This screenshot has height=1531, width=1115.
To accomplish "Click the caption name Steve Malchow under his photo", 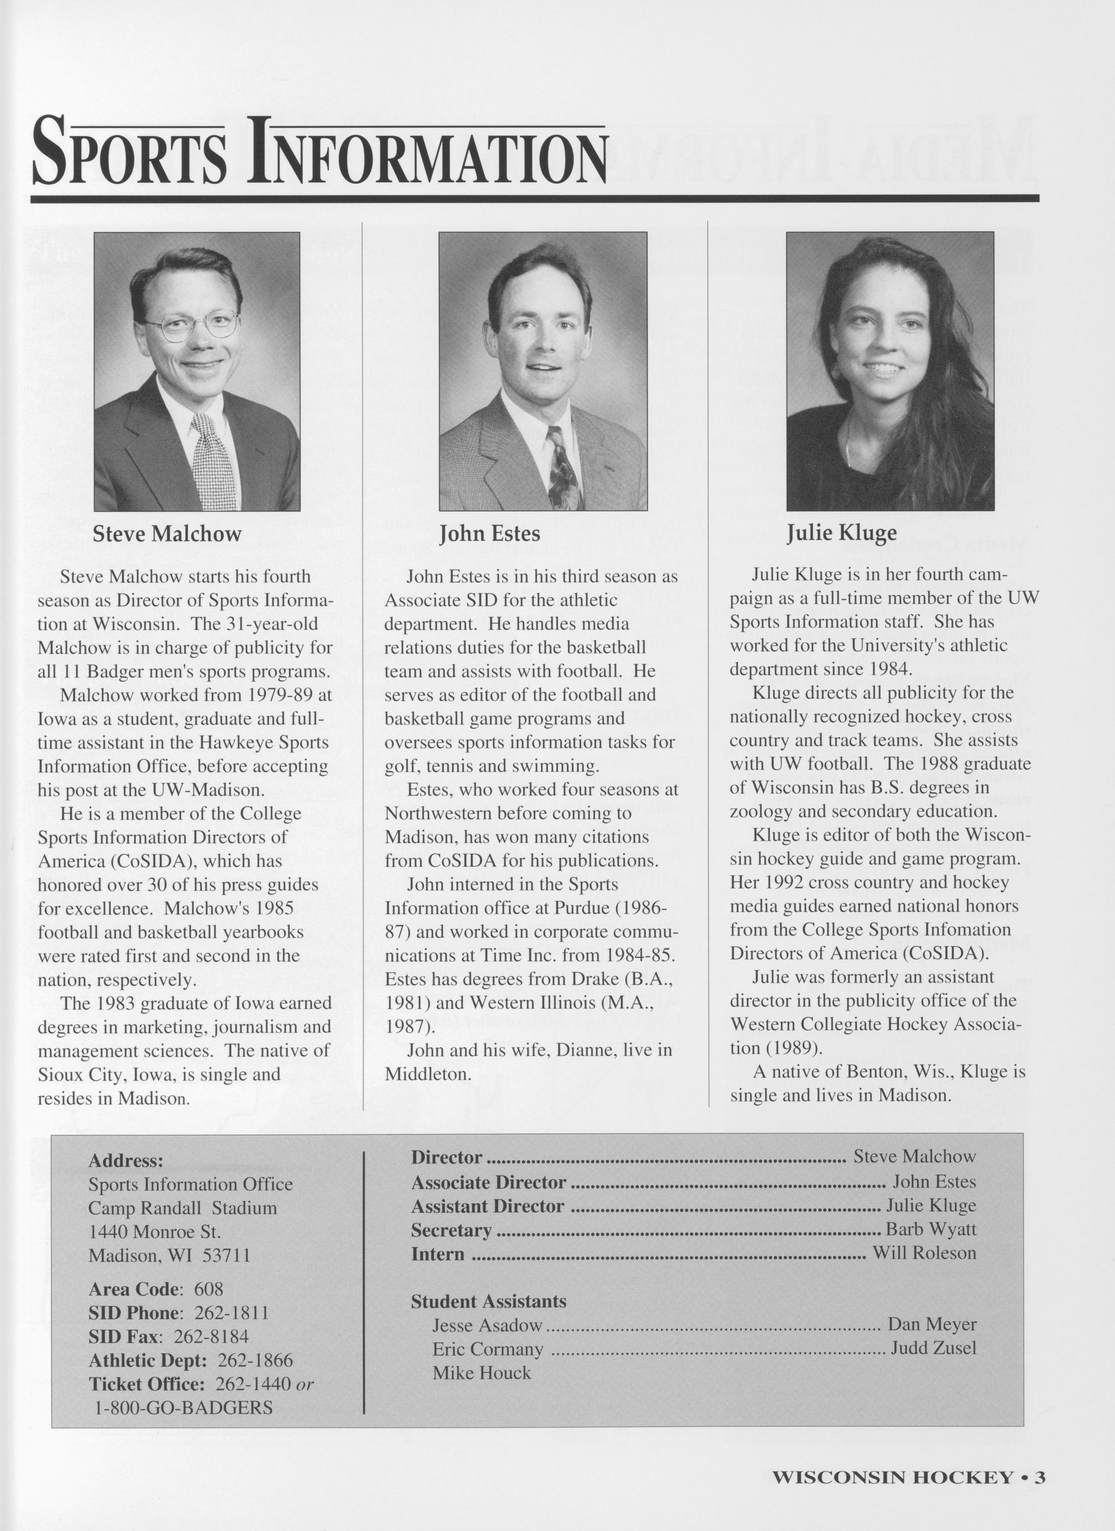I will pos(167,534).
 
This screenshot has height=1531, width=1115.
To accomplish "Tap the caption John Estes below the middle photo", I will pos(490,534).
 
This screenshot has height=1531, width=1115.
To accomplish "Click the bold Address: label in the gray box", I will pos(125,1161).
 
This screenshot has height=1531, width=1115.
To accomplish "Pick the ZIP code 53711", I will pos(227,1255).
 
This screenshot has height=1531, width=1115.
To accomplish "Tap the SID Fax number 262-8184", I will pos(211,1337).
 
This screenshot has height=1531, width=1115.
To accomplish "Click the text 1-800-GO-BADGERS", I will pos(182,1408).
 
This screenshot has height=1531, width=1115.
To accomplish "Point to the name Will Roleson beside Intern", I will pos(924,1253).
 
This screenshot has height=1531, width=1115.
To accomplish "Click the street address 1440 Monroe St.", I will pos(155,1231).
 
